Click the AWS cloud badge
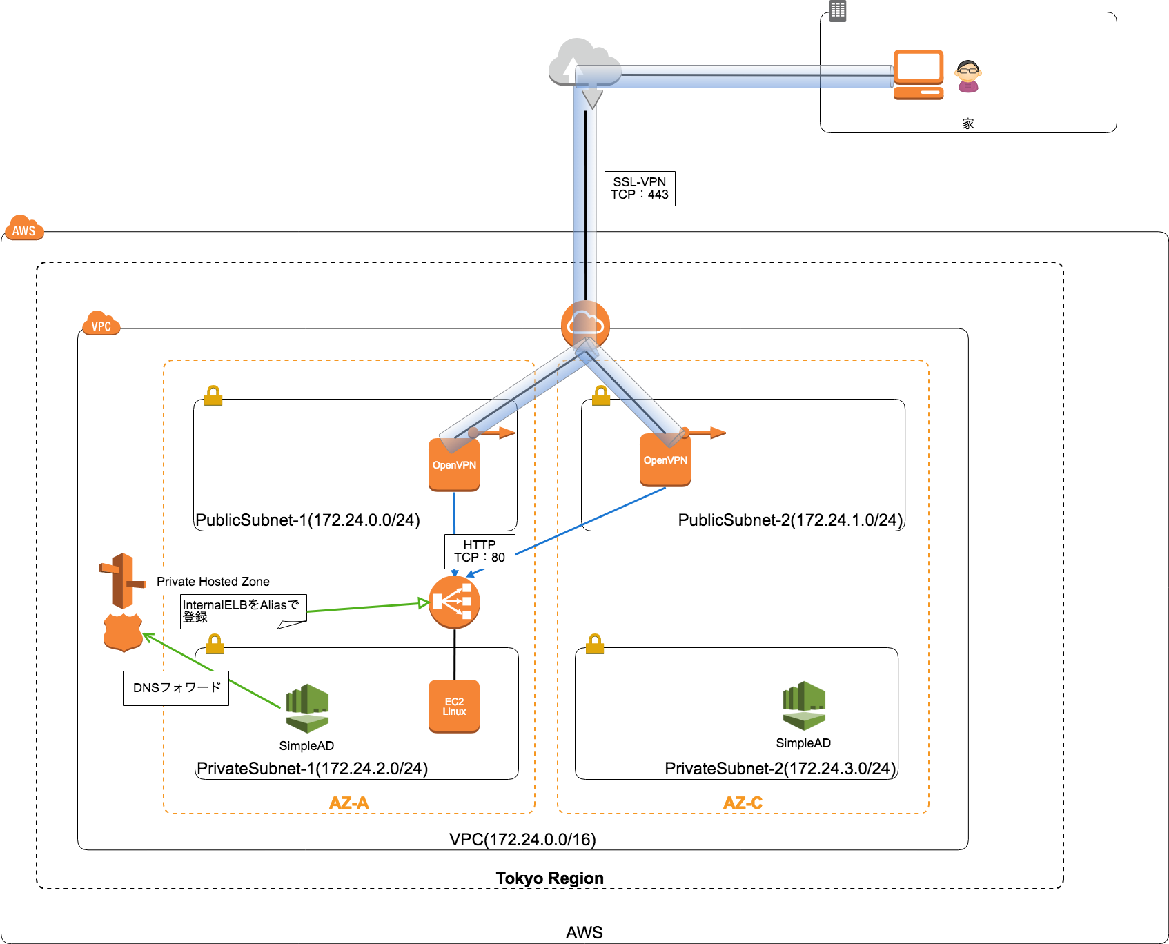tap(24, 228)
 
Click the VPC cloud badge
tap(101, 324)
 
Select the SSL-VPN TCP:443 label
tap(640, 188)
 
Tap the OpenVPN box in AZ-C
tap(665, 461)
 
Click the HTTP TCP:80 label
tap(480, 551)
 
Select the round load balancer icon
tap(454, 602)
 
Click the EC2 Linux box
tap(454, 707)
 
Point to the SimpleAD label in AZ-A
tap(306, 746)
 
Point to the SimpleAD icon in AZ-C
tap(803, 705)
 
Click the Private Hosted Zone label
tap(213, 582)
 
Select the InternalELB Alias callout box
tap(242, 611)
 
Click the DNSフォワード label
tap(176, 688)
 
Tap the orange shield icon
tap(123, 632)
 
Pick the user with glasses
tap(968, 76)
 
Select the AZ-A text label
tap(349, 803)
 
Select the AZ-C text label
tap(743, 803)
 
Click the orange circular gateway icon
tap(585, 323)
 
